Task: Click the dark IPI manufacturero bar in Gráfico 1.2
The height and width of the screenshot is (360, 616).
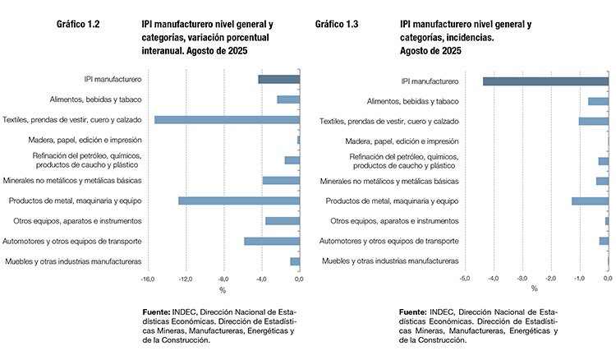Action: point(278,79)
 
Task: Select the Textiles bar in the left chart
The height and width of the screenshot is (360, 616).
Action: point(227,120)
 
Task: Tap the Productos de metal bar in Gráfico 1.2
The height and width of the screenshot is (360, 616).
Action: point(239,201)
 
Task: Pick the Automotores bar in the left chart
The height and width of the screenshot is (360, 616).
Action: point(272,241)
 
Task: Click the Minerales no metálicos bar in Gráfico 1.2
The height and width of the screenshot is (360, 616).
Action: point(281,180)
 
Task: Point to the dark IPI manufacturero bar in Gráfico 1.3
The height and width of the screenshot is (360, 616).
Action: point(545,81)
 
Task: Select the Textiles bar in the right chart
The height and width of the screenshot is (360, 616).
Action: point(594,121)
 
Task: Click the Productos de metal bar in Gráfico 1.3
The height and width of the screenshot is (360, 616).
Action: point(590,201)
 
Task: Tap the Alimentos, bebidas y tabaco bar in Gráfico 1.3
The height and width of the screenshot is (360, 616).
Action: point(598,101)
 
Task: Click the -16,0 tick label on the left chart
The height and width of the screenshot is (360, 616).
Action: point(148,279)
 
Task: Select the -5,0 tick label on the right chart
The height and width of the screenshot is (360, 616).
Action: point(464,279)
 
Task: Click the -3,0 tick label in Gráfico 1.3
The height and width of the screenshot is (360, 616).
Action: point(522,279)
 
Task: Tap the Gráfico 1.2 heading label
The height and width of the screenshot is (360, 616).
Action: point(79,25)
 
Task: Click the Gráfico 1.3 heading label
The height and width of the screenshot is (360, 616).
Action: point(337,25)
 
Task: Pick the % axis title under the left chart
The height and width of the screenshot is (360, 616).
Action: point(222,289)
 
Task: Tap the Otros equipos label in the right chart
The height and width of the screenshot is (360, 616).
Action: point(394,221)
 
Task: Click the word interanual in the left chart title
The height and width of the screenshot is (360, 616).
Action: point(164,50)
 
